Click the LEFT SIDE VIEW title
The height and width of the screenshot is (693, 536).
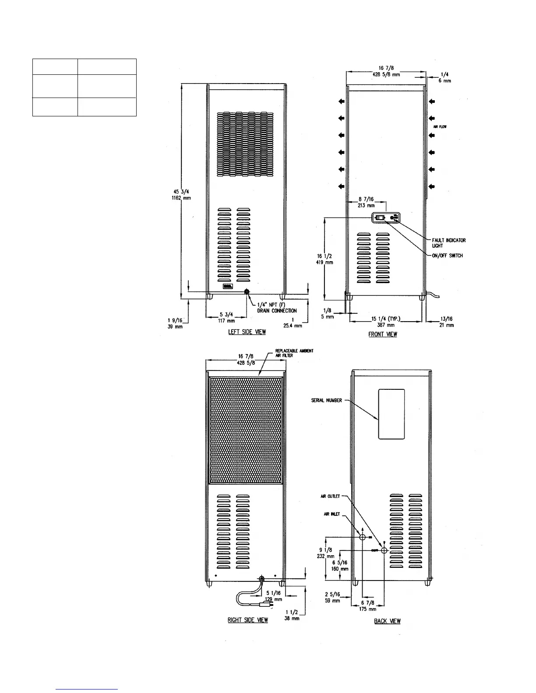(247, 332)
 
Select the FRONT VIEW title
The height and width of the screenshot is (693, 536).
(383, 334)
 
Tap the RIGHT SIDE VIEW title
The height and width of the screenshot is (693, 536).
(248, 620)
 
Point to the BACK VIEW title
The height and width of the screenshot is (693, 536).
(387, 621)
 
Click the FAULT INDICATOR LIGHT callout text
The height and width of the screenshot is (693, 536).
(448, 243)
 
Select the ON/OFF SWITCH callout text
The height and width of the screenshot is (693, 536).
(447, 255)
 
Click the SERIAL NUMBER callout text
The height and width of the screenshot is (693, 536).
(326, 400)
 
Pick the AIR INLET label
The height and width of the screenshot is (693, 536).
(331, 514)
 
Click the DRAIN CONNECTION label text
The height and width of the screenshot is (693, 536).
(276, 311)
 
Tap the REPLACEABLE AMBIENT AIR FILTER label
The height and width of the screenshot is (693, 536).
(294, 353)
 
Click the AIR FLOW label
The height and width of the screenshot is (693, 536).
(440, 126)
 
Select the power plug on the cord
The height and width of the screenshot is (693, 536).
(264, 604)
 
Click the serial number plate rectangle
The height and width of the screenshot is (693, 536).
(391, 414)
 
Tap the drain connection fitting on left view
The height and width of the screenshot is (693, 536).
(246, 291)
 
